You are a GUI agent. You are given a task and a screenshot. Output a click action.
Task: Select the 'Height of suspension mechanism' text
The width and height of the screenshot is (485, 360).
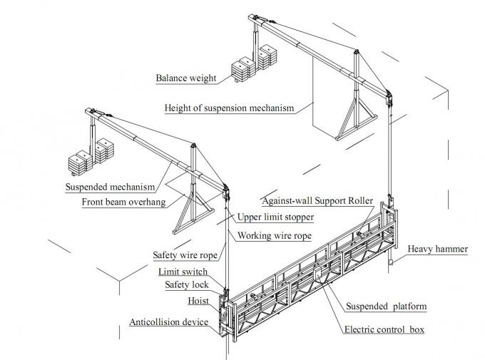click(x=228, y=108)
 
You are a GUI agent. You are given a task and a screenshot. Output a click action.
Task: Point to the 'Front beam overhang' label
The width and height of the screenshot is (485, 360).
click(x=123, y=202)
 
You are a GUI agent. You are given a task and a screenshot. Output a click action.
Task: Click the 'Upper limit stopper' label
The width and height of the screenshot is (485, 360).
click(x=275, y=217)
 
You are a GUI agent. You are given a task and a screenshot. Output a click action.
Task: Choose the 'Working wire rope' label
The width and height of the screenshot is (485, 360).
click(x=274, y=235)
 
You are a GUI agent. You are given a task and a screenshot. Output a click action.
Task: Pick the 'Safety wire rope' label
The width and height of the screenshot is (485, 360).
click(x=185, y=254)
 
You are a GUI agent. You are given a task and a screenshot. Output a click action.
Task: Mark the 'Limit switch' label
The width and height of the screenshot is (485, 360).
click(x=184, y=272)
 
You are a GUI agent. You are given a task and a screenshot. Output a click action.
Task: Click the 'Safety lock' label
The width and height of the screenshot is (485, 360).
click(x=187, y=284)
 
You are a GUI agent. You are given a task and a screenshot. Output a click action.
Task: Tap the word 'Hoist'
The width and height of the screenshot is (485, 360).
click(x=198, y=302)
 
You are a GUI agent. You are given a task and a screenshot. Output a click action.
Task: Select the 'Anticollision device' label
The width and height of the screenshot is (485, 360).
click(x=168, y=322)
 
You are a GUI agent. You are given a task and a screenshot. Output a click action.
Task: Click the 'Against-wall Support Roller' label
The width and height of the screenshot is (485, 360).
click(x=316, y=200)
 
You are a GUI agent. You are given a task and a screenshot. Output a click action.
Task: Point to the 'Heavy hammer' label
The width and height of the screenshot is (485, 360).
click(x=437, y=250)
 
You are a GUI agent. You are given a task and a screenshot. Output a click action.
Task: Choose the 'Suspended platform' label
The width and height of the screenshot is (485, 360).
click(x=387, y=307)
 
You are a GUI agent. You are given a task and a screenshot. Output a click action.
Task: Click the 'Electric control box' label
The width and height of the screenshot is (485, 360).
click(x=385, y=330)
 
